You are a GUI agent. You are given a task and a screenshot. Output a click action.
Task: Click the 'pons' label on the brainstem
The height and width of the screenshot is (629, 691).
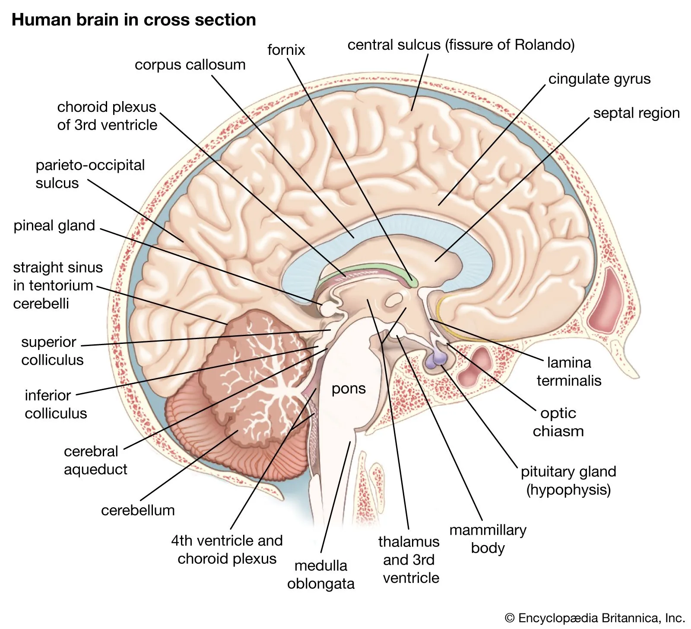348,389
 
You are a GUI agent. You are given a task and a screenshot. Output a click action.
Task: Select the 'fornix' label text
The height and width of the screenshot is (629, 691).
286,50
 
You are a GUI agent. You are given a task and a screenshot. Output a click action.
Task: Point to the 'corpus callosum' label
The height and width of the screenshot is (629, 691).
190,65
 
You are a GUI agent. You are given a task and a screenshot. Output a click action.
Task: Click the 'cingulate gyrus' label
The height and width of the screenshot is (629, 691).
599,79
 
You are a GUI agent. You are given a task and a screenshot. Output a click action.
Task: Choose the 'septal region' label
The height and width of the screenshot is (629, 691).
636,113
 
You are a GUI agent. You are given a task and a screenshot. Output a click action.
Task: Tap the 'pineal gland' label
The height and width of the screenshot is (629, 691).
54,226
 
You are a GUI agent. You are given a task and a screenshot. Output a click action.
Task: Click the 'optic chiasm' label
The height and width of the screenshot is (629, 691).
558,422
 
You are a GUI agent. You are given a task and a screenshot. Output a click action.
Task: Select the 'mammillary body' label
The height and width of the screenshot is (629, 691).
488,539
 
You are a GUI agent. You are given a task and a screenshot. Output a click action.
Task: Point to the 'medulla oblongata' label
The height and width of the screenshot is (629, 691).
320,575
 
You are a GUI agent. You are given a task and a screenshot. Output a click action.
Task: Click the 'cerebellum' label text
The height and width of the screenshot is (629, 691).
138,510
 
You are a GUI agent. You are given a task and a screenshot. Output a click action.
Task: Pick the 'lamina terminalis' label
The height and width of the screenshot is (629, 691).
569,372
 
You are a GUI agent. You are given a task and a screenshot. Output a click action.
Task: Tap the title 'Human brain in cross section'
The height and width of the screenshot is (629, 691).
133,20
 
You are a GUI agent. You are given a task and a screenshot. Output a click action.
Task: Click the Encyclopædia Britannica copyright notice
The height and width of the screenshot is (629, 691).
595,618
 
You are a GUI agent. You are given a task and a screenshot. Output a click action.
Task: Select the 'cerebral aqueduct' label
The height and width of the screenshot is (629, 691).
95,460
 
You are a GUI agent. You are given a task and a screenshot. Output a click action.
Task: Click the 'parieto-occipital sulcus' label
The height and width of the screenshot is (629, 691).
90,174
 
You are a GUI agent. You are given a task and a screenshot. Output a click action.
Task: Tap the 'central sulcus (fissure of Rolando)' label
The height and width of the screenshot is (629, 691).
461,45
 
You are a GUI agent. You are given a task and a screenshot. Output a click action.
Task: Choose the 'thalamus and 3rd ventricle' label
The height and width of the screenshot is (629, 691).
409,559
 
